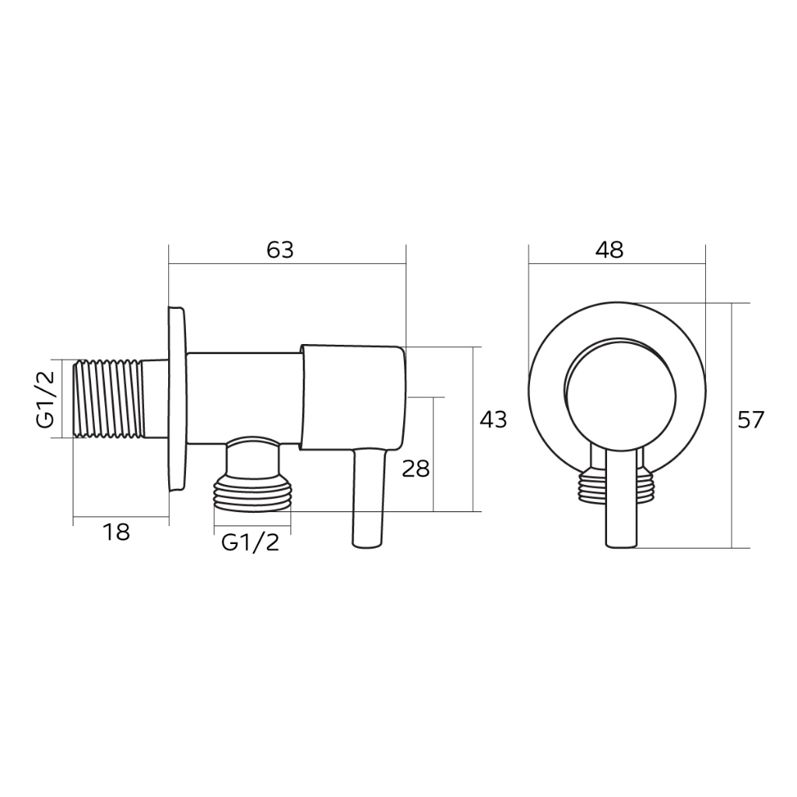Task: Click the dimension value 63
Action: [280, 250]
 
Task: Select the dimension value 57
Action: [750, 420]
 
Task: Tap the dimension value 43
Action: [493, 420]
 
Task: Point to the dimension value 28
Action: [416, 469]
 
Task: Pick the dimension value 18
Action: [116, 532]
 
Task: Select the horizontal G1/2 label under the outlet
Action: [250, 543]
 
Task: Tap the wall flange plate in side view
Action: [177, 399]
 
